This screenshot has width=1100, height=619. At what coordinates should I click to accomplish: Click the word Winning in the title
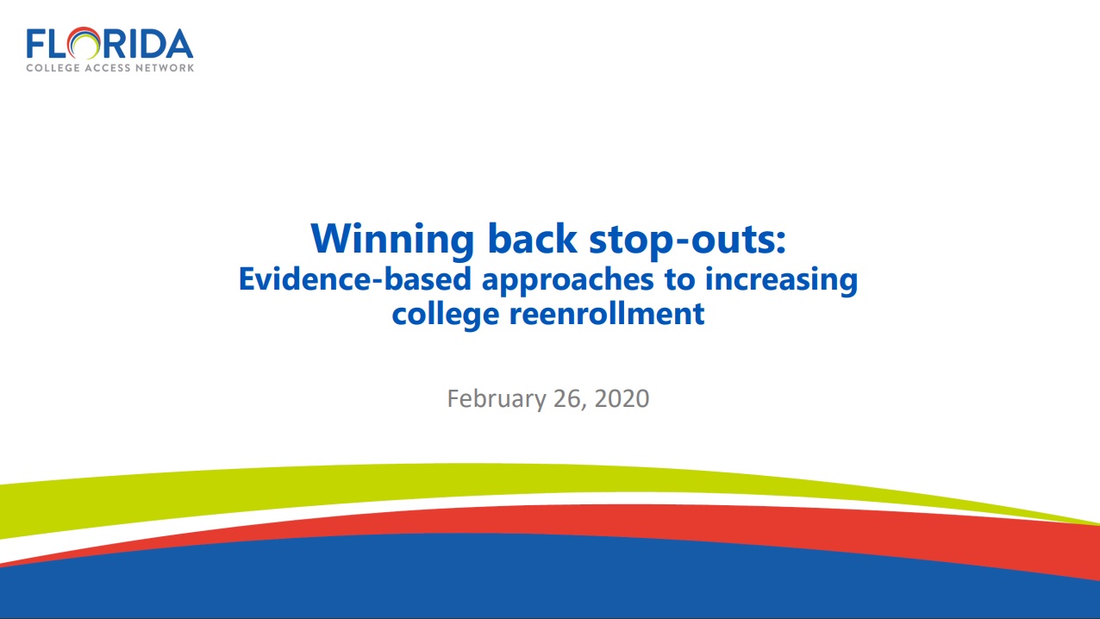point(392,240)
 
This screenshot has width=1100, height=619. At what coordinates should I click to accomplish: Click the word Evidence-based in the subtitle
point(355,279)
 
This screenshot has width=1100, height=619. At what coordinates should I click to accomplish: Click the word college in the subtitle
point(446,315)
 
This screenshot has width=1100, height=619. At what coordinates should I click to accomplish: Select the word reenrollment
point(607,313)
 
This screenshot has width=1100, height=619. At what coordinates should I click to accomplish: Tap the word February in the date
point(497,399)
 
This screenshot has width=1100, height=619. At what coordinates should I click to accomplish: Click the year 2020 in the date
point(622,398)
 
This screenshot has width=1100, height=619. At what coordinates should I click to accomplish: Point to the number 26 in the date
point(568,399)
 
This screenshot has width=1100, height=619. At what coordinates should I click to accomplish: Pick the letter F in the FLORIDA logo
point(35,44)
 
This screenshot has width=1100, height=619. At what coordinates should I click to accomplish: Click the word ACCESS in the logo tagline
point(108,68)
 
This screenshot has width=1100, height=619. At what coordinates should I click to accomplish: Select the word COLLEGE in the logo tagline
point(53,68)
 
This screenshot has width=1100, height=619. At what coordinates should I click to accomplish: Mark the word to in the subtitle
point(679,280)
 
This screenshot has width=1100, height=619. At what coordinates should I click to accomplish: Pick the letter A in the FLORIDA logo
point(178,44)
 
